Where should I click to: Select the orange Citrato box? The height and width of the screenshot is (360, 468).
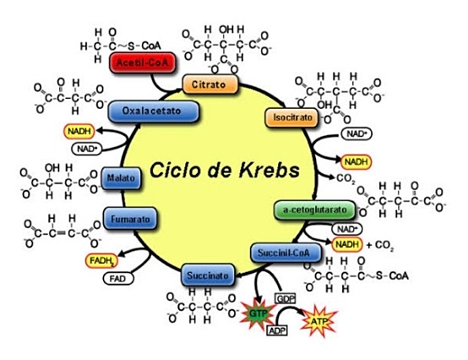pos(210,85)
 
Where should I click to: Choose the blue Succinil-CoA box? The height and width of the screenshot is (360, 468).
pos(285,251)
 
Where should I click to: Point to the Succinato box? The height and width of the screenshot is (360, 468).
pos(205,275)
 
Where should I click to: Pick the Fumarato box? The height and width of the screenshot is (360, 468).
pos(129,219)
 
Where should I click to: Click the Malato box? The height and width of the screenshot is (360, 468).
pos(117,177)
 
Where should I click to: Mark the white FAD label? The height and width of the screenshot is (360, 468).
pos(113,278)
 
